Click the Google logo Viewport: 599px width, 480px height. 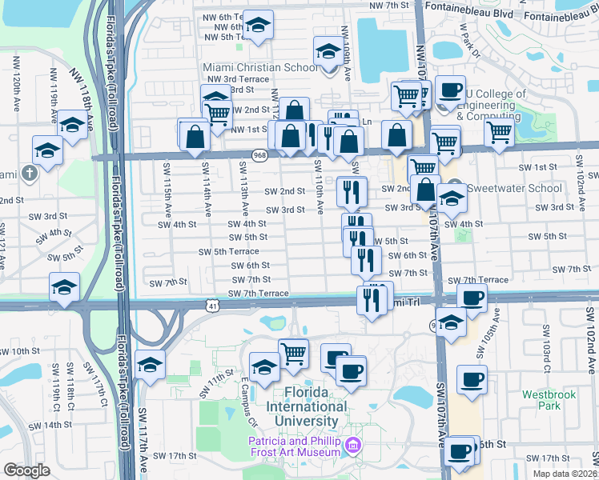click(26, 470)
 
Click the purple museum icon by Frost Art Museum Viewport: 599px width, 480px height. click(352, 445)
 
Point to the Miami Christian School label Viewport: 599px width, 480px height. click(260, 67)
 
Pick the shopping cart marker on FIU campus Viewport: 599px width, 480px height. click(294, 352)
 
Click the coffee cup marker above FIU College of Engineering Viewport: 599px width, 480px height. click(451, 89)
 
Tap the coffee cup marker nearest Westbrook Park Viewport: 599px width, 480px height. click(472, 378)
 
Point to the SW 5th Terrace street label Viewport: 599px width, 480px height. click(229, 251)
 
